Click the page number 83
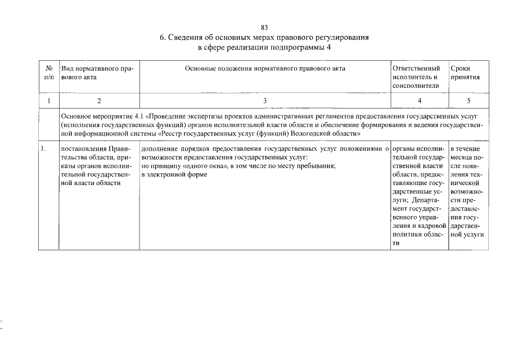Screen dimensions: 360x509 tap(264, 28)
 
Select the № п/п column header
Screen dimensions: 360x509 tap(48, 73)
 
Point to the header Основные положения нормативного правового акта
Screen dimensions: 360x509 tap(265, 68)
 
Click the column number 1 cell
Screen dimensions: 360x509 tap(48, 101)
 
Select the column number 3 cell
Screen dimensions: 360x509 tap(265, 101)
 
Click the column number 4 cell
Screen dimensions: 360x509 tap(419, 101)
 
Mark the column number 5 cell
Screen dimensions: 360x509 tap(468, 101)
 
